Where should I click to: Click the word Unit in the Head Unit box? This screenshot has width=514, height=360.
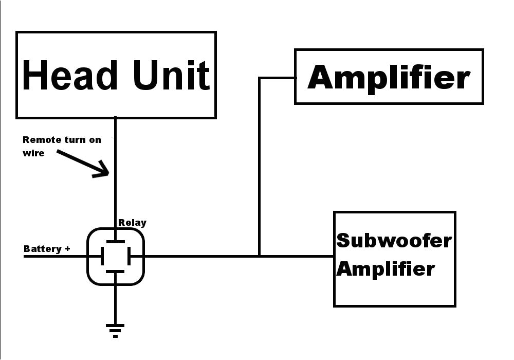[x=171, y=75]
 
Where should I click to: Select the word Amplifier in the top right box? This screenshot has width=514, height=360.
[x=389, y=77]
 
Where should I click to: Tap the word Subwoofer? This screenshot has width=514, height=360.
[x=394, y=240]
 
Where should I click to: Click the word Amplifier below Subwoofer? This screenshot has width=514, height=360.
[x=385, y=268]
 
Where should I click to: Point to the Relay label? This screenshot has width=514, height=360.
[x=132, y=223]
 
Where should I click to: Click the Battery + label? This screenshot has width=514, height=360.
[x=47, y=249]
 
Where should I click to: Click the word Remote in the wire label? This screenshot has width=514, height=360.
[x=40, y=140]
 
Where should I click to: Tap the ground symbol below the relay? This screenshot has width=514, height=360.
[x=115, y=329]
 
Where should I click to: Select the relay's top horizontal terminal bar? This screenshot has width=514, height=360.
[x=115, y=241]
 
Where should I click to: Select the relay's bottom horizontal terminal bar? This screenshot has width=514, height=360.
[x=115, y=271]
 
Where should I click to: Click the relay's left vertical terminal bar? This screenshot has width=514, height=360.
[x=102, y=256]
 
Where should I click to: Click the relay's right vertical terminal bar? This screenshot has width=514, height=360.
[x=128, y=256]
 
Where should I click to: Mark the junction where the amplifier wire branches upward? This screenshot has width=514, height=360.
[x=260, y=256]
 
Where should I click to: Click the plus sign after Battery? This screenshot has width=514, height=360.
[x=67, y=249]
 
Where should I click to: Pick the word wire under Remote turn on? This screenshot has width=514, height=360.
[x=34, y=153]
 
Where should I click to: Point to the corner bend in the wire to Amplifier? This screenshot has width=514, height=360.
[x=260, y=78]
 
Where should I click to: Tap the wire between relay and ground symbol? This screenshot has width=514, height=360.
[x=115, y=301]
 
